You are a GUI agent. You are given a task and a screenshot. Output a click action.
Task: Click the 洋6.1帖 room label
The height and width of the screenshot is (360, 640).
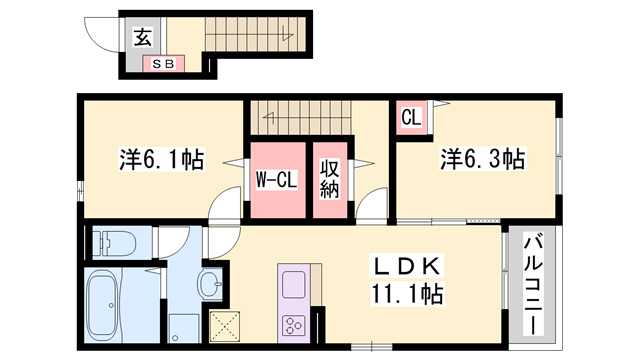coord(162,157)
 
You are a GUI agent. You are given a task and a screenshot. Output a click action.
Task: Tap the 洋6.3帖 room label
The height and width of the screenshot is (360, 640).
coord(483,157)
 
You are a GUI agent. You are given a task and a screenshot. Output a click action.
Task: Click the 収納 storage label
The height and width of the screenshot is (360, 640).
coord(330,178)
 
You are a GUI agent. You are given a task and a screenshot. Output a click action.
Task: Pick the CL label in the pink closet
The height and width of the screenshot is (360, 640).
coord(410,117)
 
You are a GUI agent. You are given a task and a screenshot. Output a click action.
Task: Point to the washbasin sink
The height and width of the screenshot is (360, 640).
coord(210,286)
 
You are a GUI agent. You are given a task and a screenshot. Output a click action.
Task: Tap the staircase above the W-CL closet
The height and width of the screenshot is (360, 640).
coord(297,117)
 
